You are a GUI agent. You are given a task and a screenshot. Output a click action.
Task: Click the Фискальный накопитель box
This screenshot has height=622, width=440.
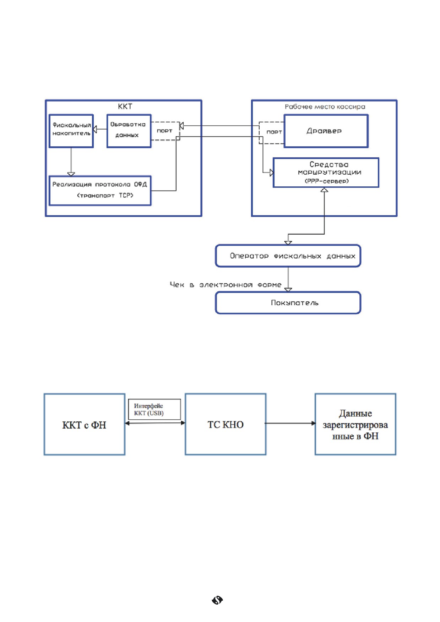click(x=71, y=131)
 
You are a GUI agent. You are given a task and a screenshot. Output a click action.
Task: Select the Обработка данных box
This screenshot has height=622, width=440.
click(x=129, y=131)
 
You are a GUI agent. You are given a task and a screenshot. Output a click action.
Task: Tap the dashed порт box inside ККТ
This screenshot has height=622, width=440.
click(x=165, y=131)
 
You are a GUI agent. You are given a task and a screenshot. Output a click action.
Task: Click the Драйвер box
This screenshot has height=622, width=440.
click(x=326, y=131)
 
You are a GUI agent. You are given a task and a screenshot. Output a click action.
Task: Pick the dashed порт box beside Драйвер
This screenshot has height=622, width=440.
click(x=272, y=133)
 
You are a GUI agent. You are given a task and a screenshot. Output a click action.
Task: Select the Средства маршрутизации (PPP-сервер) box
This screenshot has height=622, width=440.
click(x=326, y=173)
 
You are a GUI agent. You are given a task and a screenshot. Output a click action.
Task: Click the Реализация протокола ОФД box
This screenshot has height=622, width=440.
click(x=100, y=191)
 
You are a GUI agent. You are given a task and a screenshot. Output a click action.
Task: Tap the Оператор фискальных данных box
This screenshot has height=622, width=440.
click(x=288, y=256)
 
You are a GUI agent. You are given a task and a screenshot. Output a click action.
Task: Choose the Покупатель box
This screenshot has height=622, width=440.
click(x=288, y=303)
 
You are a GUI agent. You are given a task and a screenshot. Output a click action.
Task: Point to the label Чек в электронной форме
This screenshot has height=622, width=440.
click(x=226, y=285)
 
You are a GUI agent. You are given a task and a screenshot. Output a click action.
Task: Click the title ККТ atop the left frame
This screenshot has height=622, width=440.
click(x=125, y=106)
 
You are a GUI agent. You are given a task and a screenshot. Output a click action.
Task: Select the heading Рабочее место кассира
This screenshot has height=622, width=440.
click(x=325, y=107)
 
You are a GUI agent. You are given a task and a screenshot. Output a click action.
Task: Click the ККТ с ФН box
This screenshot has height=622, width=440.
click(x=85, y=424)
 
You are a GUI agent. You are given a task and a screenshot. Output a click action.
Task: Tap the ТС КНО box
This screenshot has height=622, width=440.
click(x=226, y=424)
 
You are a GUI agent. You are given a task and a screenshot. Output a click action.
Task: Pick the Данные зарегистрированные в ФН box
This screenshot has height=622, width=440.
click(x=355, y=424)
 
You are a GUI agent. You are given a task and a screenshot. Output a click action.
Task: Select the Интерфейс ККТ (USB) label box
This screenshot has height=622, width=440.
click(x=154, y=409)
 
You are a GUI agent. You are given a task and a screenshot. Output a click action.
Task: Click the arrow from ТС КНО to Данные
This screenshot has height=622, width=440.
click(x=290, y=423)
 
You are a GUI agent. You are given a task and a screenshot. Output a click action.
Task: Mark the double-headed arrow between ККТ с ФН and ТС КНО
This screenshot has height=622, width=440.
click(x=155, y=423)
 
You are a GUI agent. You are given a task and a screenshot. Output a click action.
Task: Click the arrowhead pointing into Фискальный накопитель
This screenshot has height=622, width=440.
click(x=95, y=129)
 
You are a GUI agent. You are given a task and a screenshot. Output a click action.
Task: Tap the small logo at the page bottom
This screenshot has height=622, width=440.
click(x=217, y=600)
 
